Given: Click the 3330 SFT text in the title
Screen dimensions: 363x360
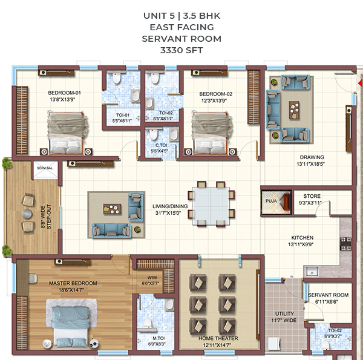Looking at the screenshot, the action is [x=181, y=50].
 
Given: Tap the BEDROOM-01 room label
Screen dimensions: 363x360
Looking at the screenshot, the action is [x=64, y=93].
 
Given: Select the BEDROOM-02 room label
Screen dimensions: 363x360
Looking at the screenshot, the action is [x=216, y=94].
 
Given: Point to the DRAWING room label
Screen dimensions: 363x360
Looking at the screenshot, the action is [x=312, y=157].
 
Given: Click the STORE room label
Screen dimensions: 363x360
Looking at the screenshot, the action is [x=312, y=196].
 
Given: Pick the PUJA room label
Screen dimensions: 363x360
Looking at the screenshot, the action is [x=271, y=201].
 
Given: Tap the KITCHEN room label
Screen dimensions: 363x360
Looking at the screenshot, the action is [x=302, y=238].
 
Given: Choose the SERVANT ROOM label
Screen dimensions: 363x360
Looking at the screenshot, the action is [x=328, y=295].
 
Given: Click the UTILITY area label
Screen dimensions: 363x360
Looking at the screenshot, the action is [x=284, y=313].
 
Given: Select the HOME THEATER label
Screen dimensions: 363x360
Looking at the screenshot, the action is [x=218, y=338].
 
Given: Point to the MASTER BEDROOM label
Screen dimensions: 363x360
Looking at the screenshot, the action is [x=73, y=283].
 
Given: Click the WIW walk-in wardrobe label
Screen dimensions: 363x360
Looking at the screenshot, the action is [x=152, y=277].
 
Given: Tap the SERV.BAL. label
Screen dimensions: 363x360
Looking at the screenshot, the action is [x=45, y=168].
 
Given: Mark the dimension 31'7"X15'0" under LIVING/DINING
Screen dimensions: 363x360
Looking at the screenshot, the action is [x=168, y=213].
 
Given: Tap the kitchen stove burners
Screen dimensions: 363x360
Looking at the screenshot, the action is [x=345, y=244].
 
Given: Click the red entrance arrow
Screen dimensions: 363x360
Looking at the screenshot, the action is [x=361, y=83].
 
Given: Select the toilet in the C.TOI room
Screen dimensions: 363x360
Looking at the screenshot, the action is [x=153, y=134].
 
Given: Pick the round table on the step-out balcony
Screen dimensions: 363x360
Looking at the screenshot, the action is [x=27, y=214].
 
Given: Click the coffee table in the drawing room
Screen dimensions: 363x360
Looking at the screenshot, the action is [x=294, y=110].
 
